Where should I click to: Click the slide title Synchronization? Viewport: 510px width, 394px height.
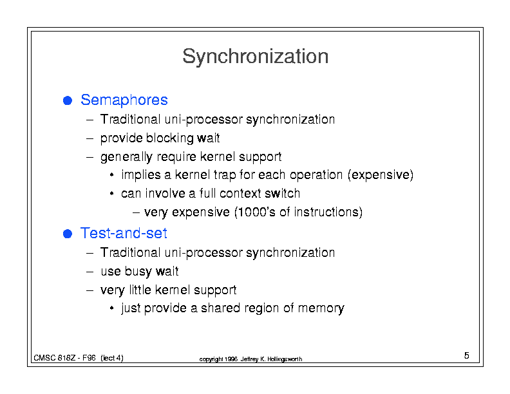tap(256, 57)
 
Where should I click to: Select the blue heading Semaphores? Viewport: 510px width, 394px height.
tap(124, 100)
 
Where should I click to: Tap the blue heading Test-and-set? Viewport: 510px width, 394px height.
tap(124, 233)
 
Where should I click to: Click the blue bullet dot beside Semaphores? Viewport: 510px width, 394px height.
tap(68, 100)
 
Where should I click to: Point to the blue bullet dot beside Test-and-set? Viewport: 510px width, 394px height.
tap(68, 234)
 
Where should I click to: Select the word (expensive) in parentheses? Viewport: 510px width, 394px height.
tap(380, 175)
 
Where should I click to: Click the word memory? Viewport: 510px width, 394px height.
tap(321, 308)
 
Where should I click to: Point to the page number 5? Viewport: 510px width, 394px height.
tap(466, 355)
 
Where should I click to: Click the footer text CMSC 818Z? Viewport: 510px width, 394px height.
tap(55, 358)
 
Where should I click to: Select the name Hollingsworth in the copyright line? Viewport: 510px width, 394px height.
tap(285, 359)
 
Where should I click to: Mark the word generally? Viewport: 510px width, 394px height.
tap(126, 157)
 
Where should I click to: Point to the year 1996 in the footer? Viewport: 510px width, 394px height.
tap(231, 359)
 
